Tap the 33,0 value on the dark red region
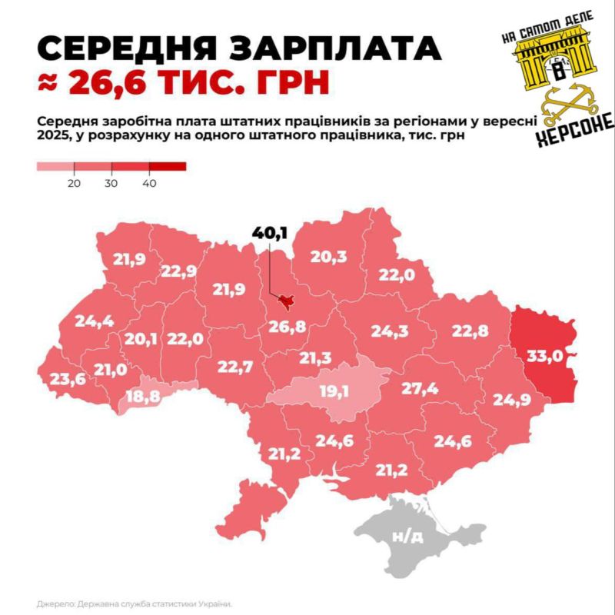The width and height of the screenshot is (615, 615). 544,356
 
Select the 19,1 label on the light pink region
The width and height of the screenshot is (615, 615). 334,391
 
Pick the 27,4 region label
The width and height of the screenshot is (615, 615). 419,389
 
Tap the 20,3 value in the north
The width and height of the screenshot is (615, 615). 328,258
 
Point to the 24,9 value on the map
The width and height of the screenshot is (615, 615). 511,400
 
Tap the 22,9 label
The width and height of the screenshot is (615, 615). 179,271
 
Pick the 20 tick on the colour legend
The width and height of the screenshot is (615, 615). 74,184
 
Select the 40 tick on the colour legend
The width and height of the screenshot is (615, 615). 149,184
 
